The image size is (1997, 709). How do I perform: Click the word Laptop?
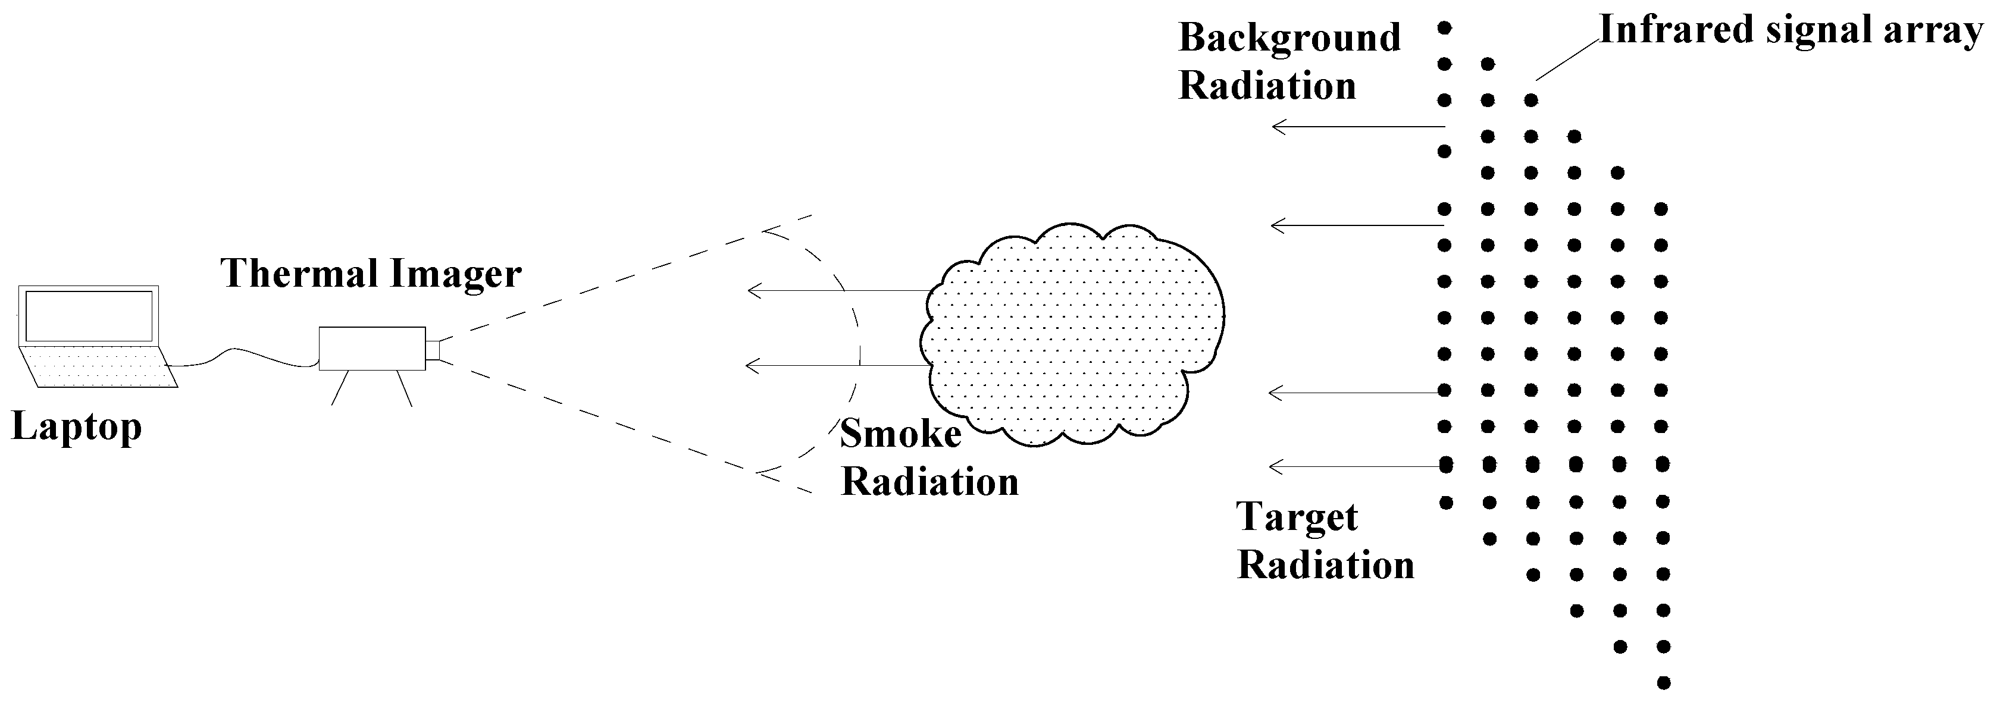(x=77, y=427)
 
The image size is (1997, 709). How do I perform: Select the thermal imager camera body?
(x=372, y=348)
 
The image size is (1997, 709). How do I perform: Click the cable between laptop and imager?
(x=240, y=356)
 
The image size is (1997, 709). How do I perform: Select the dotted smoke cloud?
(x=1078, y=333)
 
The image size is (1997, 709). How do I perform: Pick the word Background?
(x=1289, y=38)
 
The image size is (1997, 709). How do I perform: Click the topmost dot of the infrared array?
(x=1444, y=28)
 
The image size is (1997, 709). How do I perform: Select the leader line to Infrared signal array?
(x=1567, y=59)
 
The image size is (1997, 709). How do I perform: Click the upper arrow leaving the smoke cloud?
(x=837, y=291)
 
